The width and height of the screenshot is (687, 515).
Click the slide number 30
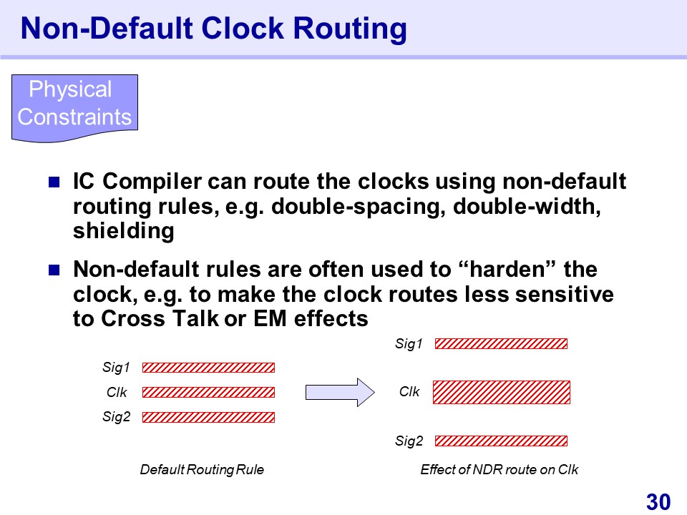(x=658, y=502)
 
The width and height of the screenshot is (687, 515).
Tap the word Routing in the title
(x=350, y=29)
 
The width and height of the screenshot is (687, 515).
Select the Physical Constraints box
(x=74, y=108)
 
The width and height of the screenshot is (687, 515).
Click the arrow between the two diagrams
(x=340, y=392)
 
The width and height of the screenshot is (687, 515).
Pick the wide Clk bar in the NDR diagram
(x=502, y=392)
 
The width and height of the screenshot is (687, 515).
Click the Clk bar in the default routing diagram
(x=208, y=392)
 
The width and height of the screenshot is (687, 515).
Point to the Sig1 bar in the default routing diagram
(x=208, y=367)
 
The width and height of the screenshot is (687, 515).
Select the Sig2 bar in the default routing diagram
(x=208, y=417)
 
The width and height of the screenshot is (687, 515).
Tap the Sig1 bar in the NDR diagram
(x=501, y=343)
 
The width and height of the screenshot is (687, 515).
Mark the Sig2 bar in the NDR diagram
(x=501, y=441)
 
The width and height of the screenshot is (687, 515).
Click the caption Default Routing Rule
(x=202, y=469)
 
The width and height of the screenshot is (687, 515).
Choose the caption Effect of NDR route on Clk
(x=500, y=469)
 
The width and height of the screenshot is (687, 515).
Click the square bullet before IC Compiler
(x=54, y=182)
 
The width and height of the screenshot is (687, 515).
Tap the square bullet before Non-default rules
(x=54, y=270)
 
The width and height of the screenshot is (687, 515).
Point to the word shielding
(x=124, y=231)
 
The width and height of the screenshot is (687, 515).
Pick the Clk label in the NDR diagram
(x=409, y=391)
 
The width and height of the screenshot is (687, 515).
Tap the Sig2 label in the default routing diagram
(x=116, y=416)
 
